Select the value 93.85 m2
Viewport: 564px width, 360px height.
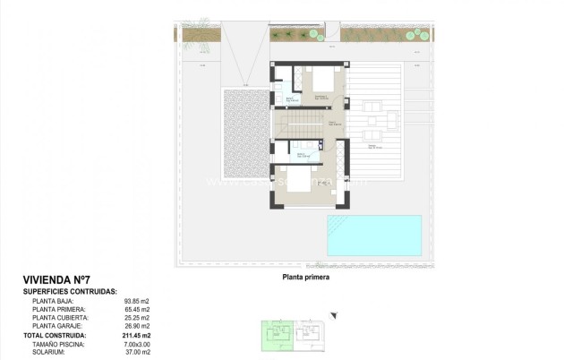pos(137,301)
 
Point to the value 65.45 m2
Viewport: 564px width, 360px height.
pos(137,309)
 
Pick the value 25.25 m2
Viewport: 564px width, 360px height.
pos(137,318)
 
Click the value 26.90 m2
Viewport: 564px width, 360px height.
pos(137,326)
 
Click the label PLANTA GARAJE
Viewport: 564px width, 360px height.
pos(59,326)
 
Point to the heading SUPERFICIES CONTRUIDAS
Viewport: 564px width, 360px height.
pos(70,292)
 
